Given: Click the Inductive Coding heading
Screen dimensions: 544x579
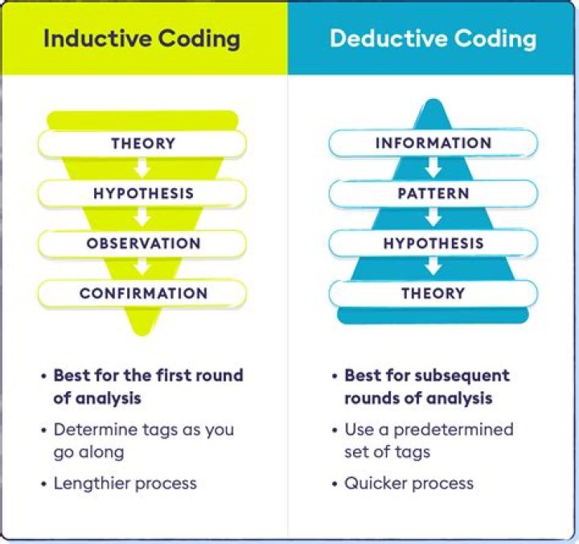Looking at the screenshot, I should point(142,39).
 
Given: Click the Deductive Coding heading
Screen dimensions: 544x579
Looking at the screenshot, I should point(433,39).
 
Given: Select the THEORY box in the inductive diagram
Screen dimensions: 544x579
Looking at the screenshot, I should point(142,144).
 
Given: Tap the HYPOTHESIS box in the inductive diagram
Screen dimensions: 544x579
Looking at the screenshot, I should point(142,194).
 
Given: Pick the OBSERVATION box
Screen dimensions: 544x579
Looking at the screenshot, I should point(142,244).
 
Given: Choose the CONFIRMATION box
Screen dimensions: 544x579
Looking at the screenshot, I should point(142,294).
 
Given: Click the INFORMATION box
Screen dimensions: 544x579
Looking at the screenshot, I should point(433,144).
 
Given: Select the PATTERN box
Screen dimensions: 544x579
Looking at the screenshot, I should point(433,194).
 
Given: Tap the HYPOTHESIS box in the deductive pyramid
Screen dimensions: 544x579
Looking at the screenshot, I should point(433,244).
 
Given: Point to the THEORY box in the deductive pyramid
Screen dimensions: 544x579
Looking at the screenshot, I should point(433,294).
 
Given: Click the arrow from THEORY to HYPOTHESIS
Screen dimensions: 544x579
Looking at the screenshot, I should point(142,169).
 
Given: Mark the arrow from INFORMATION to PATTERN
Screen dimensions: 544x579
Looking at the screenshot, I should point(433,169).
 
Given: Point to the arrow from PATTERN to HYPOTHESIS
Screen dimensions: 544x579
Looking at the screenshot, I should point(433,219).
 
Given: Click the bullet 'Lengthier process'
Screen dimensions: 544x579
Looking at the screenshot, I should point(125,483).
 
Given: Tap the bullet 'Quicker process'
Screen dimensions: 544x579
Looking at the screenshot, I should point(409,483).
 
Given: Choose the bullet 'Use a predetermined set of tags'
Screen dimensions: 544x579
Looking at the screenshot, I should point(428,440).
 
